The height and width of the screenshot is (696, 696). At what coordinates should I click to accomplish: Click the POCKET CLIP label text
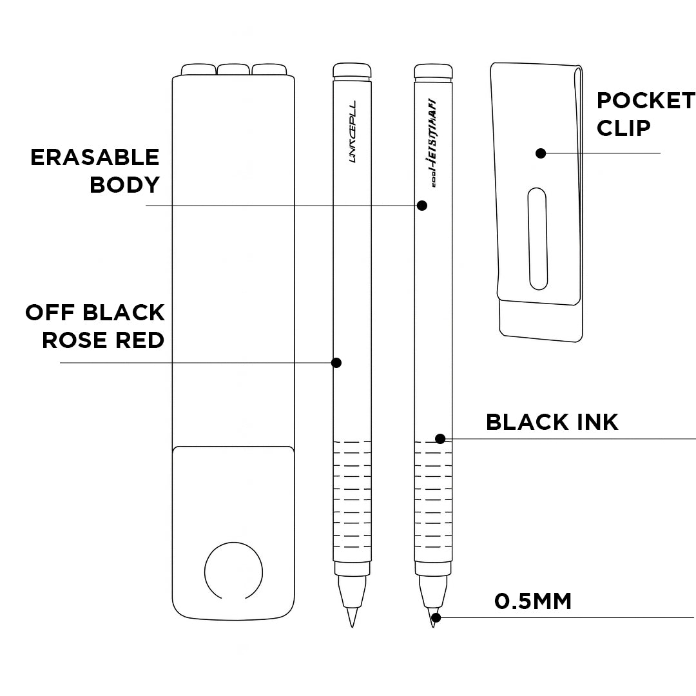(x=646, y=114)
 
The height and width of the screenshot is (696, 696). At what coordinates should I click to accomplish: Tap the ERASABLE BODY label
(x=95, y=171)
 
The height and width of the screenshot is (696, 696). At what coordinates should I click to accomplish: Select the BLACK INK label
(x=552, y=422)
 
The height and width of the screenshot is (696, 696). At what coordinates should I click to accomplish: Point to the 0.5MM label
(x=533, y=601)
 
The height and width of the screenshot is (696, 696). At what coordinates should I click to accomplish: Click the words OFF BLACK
(x=95, y=313)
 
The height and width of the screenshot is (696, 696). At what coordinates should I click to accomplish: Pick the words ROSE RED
(x=103, y=340)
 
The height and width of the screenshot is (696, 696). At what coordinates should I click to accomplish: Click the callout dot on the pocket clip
(x=541, y=153)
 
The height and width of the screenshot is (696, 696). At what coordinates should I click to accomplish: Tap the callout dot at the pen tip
(x=436, y=617)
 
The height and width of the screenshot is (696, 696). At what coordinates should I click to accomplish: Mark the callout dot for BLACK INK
(x=440, y=439)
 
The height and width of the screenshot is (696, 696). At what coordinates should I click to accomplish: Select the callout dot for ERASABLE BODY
(x=422, y=206)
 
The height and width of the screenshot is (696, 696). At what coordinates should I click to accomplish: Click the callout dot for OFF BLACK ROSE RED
(x=336, y=363)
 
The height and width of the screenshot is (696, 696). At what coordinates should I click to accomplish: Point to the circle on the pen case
(x=233, y=571)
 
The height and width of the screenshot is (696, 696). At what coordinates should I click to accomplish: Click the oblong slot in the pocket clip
(x=537, y=238)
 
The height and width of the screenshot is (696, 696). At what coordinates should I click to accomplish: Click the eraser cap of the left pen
(x=352, y=70)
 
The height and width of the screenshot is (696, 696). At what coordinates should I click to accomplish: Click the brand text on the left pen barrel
(x=352, y=131)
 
